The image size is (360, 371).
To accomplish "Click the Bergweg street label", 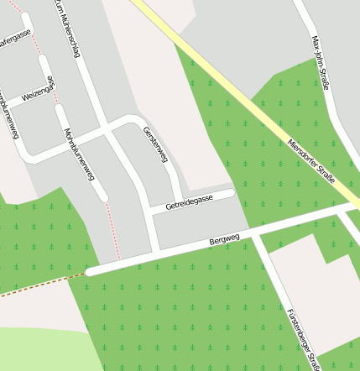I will click(224, 240).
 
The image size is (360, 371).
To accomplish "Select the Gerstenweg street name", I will click(156, 144).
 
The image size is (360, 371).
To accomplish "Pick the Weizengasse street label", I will click(39, 91).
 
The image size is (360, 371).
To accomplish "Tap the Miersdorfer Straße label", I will click(310, 159).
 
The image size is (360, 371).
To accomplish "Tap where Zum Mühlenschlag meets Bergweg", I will click(157, 250).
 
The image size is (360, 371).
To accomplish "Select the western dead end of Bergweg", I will click(90, 271).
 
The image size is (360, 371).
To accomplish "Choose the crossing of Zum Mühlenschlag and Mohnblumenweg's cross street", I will click(107, 131).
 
